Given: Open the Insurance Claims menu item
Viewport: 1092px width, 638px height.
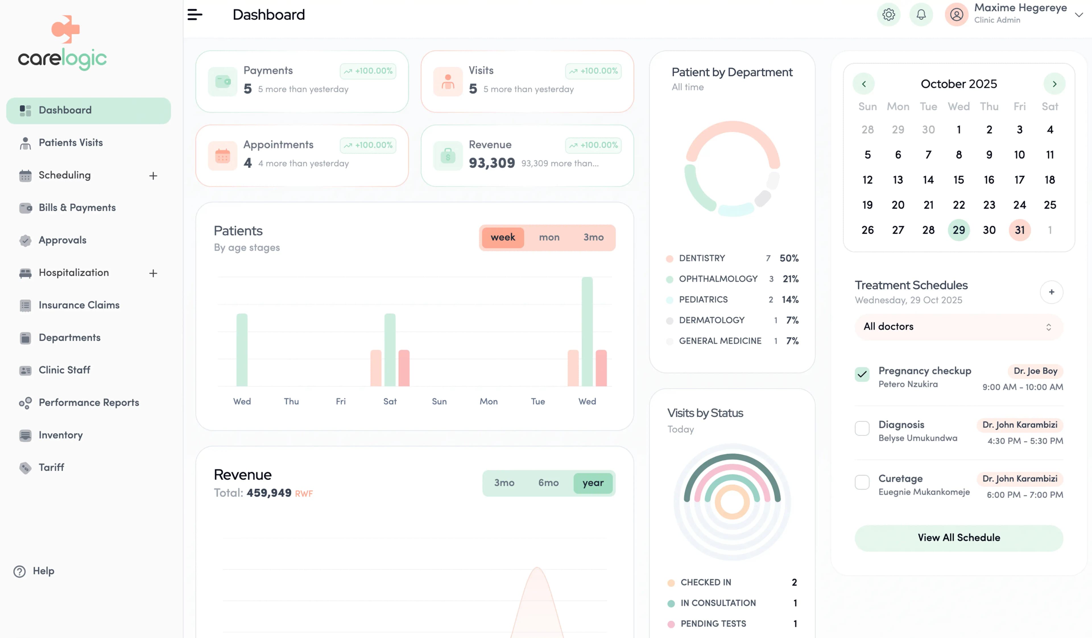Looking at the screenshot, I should [79, 305].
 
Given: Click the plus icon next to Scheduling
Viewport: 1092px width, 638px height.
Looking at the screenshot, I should [153, 175].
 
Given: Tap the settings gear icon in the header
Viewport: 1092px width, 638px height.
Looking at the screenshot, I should [888, 15].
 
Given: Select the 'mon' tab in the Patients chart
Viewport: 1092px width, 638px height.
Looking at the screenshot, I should [549, 237].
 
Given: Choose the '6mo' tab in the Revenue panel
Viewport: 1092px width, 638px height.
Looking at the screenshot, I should [548, 483].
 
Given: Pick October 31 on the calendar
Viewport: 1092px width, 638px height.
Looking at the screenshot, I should [1019, 230].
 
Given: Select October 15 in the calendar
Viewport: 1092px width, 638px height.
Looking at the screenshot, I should [959, 180].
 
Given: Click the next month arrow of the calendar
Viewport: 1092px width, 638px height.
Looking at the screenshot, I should [1054, 84].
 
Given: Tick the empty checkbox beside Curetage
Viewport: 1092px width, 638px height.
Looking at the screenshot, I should [862, 482].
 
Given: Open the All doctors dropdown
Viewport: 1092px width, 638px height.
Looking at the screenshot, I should [959, 327].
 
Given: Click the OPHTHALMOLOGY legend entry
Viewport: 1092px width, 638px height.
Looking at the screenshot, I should [718, 279].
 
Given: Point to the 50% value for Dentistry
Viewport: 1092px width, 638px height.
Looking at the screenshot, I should [789, 258].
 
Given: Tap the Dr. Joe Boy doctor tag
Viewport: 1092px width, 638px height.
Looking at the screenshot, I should [1035, 371].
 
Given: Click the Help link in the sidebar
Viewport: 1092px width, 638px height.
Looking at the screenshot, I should [43, 571].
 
